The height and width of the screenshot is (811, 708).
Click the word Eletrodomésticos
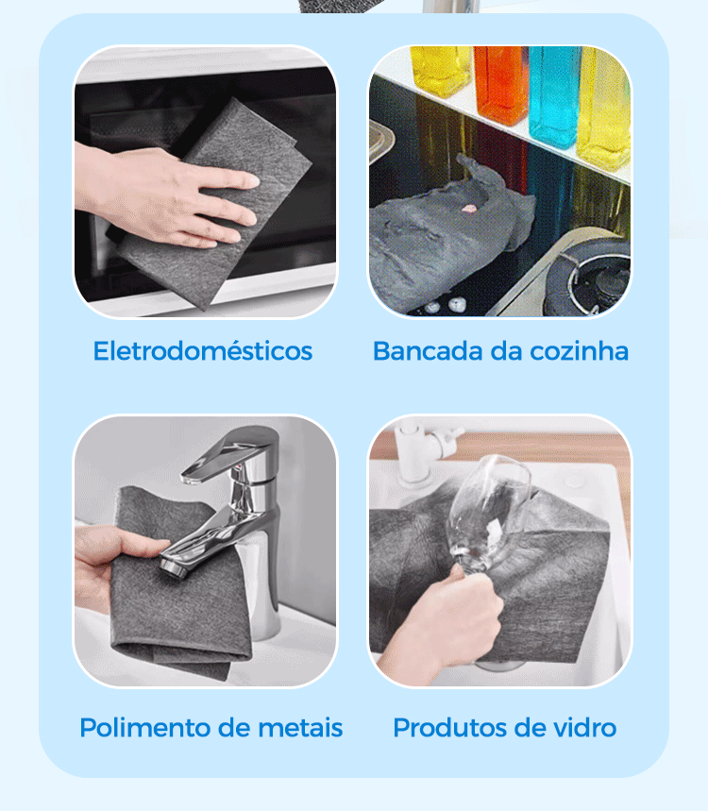tap(203, 351)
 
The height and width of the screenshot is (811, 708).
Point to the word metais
tap(300, 728)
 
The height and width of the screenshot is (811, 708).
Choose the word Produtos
tap(446, 728)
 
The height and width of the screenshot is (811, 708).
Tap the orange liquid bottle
tap(500, 84)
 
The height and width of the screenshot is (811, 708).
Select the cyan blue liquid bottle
tap(554, 95)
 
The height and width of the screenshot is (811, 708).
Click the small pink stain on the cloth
tap(468, 209)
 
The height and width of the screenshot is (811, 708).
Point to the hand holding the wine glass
tap(440, 620)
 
